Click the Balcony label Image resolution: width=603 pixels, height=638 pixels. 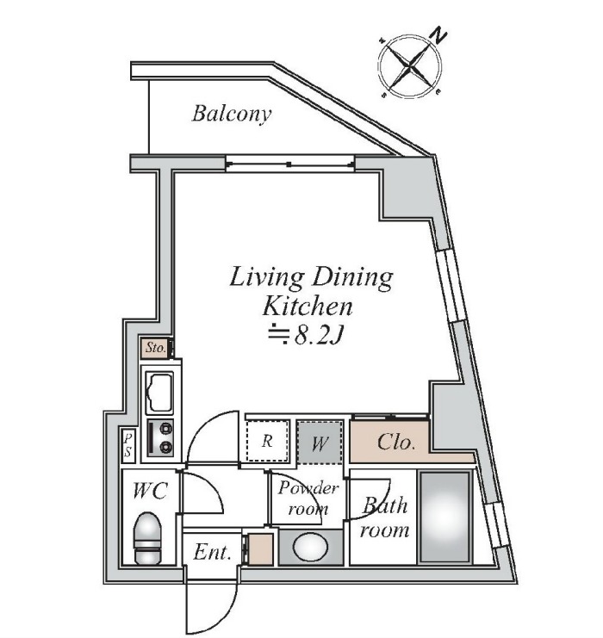231,114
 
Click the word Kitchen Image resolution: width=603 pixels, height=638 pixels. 308,307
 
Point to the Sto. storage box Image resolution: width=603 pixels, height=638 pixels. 156,348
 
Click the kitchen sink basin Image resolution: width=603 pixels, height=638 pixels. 159,393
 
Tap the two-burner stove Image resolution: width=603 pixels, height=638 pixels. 160,437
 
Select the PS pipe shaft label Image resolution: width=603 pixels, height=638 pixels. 128,445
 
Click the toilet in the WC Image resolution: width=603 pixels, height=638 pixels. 147,538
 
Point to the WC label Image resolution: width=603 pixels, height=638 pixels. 150,491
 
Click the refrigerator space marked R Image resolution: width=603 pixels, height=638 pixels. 268,441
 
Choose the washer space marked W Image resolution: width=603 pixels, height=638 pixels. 320,443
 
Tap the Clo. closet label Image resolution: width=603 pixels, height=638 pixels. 396,443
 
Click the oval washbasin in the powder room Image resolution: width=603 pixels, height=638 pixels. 310,548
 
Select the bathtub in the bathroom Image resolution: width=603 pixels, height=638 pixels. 445,517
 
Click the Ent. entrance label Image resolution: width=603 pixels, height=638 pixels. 212,552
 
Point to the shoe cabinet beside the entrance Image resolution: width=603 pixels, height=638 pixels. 260,549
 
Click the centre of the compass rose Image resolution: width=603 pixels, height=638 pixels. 410,67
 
